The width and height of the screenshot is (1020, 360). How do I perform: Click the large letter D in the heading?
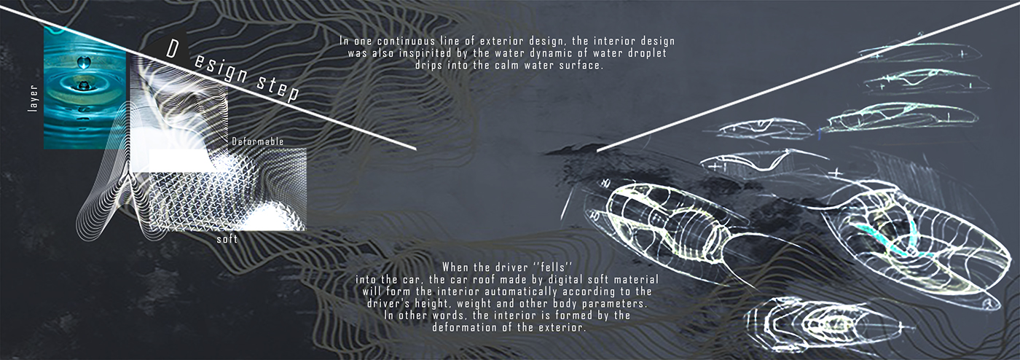click(x=173, y=50)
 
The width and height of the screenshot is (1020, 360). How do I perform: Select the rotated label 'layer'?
click(x=33, y=98)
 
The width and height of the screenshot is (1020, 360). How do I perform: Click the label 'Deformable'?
click(x=257, y=141)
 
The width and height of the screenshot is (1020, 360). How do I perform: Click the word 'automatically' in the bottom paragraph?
click(x=539, y=291)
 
